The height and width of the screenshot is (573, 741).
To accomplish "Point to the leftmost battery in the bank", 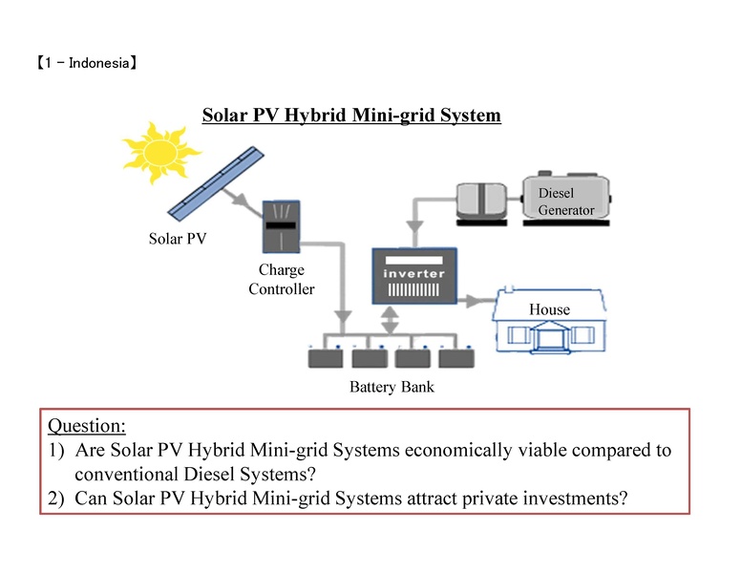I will tap(326, 359).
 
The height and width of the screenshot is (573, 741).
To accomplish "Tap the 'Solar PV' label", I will tap(178, 238).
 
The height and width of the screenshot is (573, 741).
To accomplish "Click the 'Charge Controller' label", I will tap(281, 280).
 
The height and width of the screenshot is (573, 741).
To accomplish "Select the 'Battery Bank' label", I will tap(392, 388).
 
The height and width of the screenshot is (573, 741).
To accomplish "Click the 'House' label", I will tap(549, 309).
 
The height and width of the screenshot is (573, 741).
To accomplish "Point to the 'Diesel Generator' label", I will tap(565, 202).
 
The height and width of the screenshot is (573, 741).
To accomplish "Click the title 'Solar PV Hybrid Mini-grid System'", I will tap(351, 116).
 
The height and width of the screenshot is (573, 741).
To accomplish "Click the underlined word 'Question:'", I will tap(87, 426).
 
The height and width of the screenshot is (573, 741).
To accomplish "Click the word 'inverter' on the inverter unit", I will tap(413, 273).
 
